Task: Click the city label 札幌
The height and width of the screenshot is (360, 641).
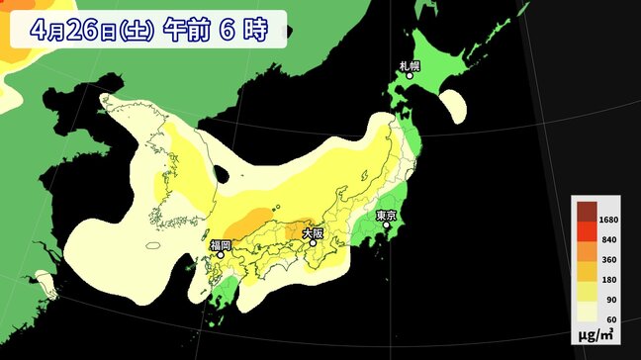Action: point(410,66)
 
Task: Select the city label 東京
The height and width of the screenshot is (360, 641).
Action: point(386,215)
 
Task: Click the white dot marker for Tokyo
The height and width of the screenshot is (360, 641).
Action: point(386,225)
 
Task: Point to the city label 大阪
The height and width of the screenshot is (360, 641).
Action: point(312,233)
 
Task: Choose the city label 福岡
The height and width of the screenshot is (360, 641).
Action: point(220,244)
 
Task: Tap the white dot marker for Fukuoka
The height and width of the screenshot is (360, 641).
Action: point(221,254)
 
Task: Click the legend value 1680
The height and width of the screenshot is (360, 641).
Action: point(610,221)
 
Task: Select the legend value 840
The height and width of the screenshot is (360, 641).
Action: point(610,240)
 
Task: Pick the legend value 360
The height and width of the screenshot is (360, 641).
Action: point(610,260)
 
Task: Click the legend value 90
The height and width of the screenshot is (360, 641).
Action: point(610,300)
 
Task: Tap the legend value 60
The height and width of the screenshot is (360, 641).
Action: point(610,319)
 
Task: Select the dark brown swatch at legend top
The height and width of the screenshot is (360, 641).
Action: point(587,210)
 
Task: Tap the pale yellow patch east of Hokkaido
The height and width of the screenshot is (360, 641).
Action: point(454,105)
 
